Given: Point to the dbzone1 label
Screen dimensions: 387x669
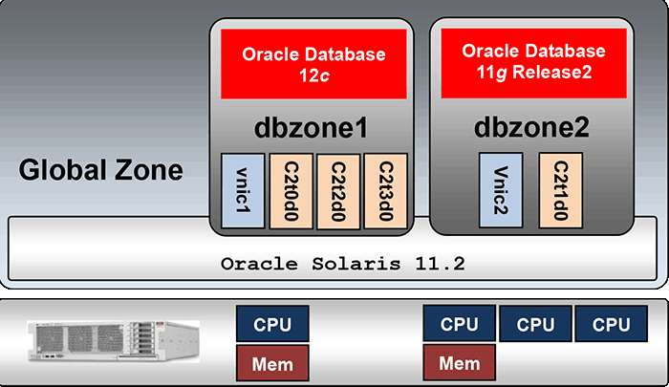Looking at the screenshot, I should coord(311,128).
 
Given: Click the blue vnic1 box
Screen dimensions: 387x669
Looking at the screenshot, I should coord(243,190).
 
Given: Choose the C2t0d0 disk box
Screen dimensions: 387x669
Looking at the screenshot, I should coord(290,190).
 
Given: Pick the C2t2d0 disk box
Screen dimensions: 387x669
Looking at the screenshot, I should coord(337,190).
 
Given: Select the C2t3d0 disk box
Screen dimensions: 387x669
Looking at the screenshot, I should coord(385,190).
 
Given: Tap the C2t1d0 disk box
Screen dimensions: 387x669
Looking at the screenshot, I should coord(558,191).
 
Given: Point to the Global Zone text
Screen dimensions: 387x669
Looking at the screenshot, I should coord(101,172).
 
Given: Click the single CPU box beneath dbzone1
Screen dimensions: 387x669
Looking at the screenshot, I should coord(272,325).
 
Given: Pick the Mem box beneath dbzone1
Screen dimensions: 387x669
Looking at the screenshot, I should coord(272,364).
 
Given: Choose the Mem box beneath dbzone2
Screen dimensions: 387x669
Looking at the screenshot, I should coord(459,364).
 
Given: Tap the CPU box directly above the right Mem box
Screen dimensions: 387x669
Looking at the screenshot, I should coord(459,325).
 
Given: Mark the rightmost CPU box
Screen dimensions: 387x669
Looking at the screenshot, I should coord(611,325).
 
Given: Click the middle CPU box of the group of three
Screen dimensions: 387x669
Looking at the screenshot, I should coord(535,325).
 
